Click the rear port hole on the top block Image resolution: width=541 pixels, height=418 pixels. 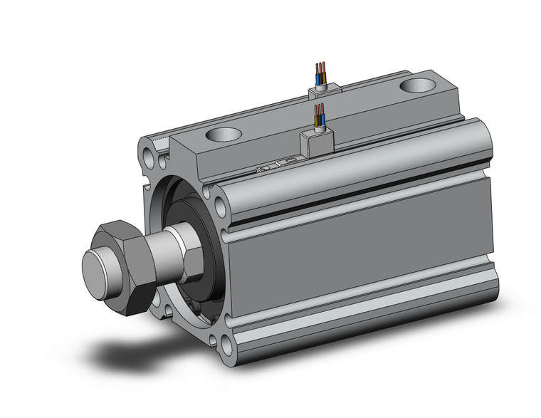[418, 85]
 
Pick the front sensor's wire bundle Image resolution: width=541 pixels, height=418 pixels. [320, 117]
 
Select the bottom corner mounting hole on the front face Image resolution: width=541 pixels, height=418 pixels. [226, 346]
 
